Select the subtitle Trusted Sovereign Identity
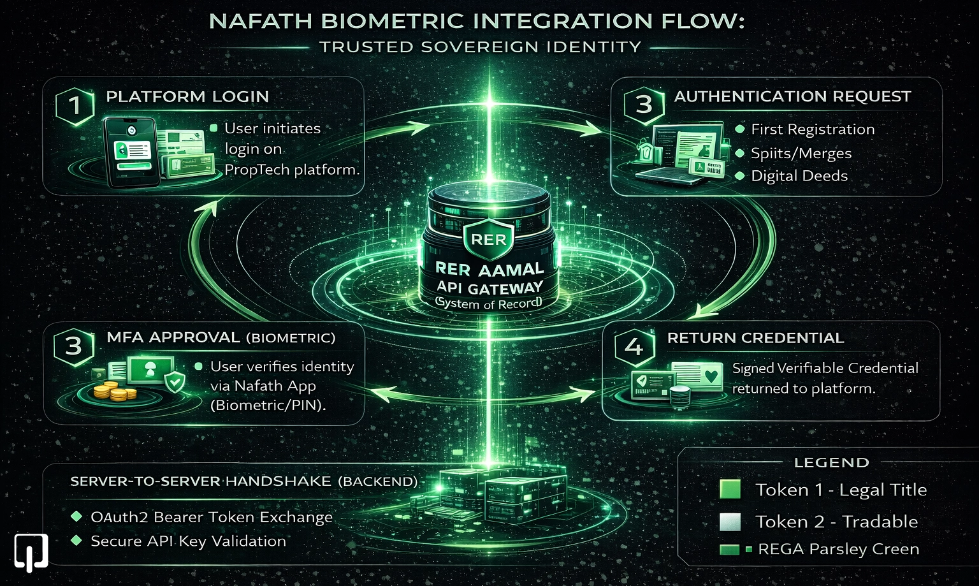(480, 47)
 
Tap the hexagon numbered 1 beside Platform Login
(75, 105)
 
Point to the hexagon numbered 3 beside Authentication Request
(643, 104)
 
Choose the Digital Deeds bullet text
(799, 176)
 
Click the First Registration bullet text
(813, 129)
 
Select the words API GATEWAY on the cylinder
(489, 287)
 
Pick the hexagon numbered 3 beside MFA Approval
(74, 346)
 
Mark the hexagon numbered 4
(634, 346)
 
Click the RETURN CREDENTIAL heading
(755, 338)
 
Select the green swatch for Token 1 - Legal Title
(730, 489)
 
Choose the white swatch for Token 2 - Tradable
(730, 522)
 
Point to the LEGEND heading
(831, 463)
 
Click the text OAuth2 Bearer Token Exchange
(212, 517)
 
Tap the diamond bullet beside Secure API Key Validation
(76, 540)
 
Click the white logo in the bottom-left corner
(31, 552)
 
